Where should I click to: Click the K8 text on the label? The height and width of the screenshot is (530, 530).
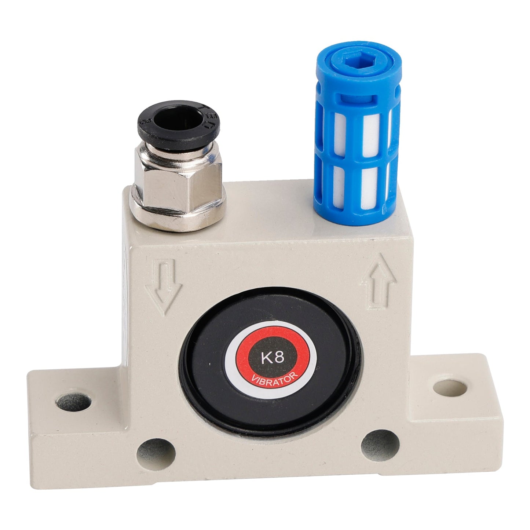pos(273,357)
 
